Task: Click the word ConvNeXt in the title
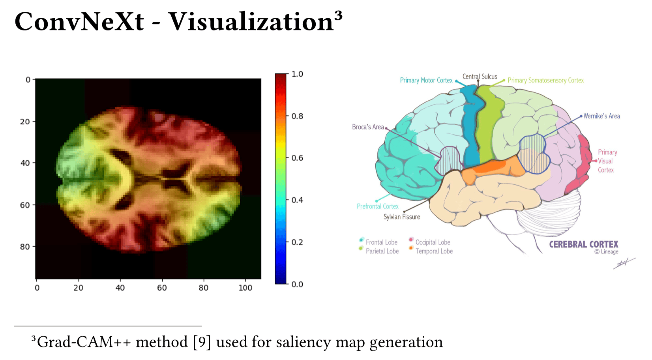[x=79, y=22]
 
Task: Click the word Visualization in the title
[x=251, y=22]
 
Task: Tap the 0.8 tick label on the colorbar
[x=297, y=116]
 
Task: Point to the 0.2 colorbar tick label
[x=297, y=242]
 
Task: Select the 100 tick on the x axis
[x=245, y=288]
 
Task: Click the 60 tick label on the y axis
[x=25, y=205]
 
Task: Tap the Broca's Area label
[x=368, y=127]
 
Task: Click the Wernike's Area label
[x=601, y=116]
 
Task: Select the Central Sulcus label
[x=480, y=77]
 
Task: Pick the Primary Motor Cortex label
[x=426, y=80]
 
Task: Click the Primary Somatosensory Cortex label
[x=546, y=80]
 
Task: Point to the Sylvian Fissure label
[x=402, y=217]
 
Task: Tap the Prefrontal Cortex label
[x=378, y=206]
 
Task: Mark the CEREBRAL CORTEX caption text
[x=584, y=244]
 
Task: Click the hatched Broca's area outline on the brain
[x=449, y=161]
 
